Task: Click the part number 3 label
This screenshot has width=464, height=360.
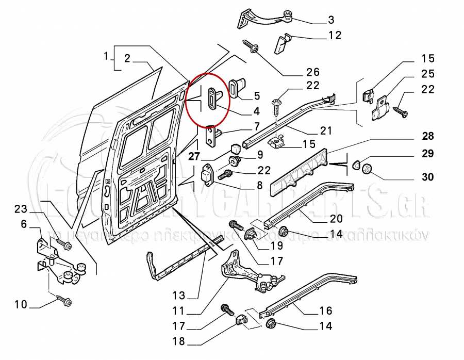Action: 330,20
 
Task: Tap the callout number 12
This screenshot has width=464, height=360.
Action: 335,35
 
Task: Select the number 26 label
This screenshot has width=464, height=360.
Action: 313,72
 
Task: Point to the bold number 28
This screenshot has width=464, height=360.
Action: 427,137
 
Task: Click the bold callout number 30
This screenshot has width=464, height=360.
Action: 427,177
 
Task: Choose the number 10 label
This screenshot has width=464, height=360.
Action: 20,304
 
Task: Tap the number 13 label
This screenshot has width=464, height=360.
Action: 178,296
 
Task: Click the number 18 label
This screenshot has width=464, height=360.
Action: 179,341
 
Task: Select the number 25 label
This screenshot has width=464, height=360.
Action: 427,74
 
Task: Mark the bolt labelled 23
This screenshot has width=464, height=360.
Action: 65,245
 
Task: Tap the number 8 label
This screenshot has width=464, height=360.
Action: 259,184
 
